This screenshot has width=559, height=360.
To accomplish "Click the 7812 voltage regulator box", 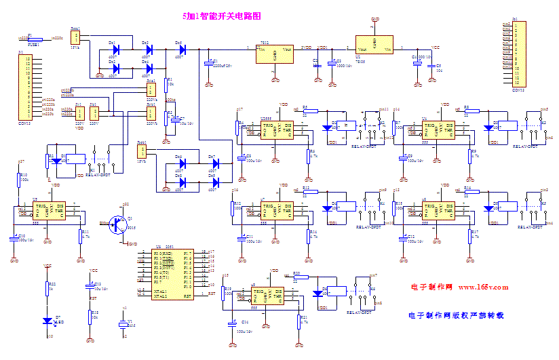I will click(x=275, y=54).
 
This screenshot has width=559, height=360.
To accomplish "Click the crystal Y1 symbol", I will click(x=123, y=325).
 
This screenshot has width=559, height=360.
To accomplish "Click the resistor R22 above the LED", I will click(x=47, y=289).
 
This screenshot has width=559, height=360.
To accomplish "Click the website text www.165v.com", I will click(x=482, y=287).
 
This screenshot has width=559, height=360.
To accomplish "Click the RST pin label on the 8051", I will click(x=187, y=295).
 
